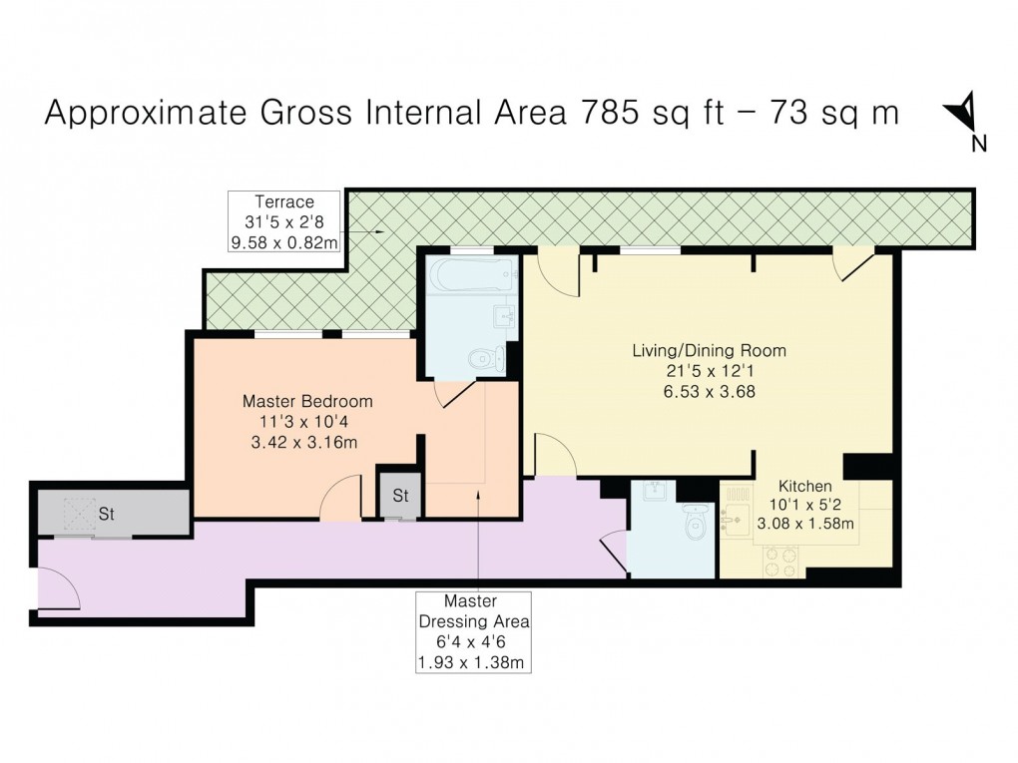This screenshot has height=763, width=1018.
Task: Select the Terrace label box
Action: coord(283,222)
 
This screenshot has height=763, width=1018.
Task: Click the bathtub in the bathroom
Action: coord(470,274)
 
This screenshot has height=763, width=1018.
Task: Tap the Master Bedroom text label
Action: coord(307,401)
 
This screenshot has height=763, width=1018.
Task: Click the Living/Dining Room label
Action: coord(709,351)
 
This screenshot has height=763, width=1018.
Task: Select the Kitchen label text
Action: coord(805,486)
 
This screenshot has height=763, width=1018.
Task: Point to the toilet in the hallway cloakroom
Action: coord(695,519)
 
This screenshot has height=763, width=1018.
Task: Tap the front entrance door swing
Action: coord(58,588)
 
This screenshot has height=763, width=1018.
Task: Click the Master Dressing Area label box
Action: coord(475,631)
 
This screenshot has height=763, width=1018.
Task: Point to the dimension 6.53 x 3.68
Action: coord(709,392)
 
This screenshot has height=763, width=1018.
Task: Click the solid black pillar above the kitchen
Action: coord(864,467)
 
